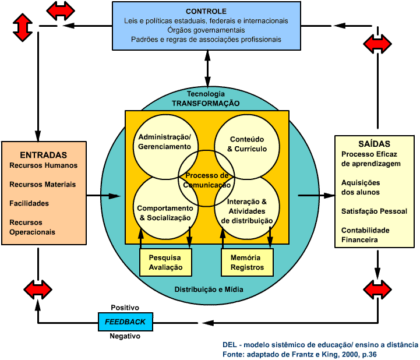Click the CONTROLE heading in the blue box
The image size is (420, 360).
click(x=206, y=12)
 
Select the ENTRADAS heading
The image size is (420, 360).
click(x=44, y=155)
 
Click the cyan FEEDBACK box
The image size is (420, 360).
click(x=125, y=322)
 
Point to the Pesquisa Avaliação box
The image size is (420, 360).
click(x=165, y=262)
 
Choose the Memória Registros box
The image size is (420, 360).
click(x=247, y=262)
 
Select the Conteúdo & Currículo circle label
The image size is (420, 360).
click(x=248, y=144)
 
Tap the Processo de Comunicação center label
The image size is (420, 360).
click(x=207, y=180)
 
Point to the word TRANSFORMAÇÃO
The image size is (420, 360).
click(x=206, y=103)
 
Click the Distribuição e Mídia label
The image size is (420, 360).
click(x=209, y=290)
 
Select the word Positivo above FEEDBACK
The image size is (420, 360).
click(x=125, y=308)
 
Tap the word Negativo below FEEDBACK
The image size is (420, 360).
click(x=125, y=336)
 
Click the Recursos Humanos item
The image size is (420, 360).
click(x=44, y=165)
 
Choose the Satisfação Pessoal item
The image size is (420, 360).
click(x=374, y=211)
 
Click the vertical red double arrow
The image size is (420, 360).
click(x=24, y=27)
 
